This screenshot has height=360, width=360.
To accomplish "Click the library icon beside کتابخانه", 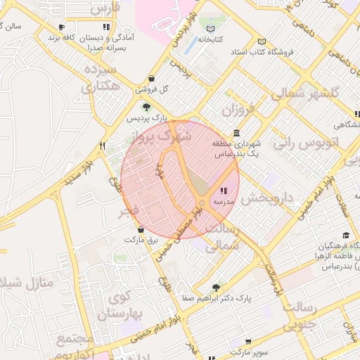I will coord(212,29).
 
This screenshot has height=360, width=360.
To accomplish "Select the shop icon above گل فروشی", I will coord(153,78).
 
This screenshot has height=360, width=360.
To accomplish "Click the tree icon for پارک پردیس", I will coord(146,107).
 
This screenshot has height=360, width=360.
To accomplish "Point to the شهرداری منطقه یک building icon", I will coord(236,133).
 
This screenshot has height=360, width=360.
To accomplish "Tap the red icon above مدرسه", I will coord(224,191).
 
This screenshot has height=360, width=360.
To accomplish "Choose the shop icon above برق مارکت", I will coord(141,229).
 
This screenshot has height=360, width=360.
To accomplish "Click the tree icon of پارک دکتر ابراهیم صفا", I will coord(216,287).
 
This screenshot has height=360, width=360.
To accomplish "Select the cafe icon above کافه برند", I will coord(62,27).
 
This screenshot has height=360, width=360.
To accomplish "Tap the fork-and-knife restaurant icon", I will coord(103,146).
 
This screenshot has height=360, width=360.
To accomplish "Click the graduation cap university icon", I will coord(345,236).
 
